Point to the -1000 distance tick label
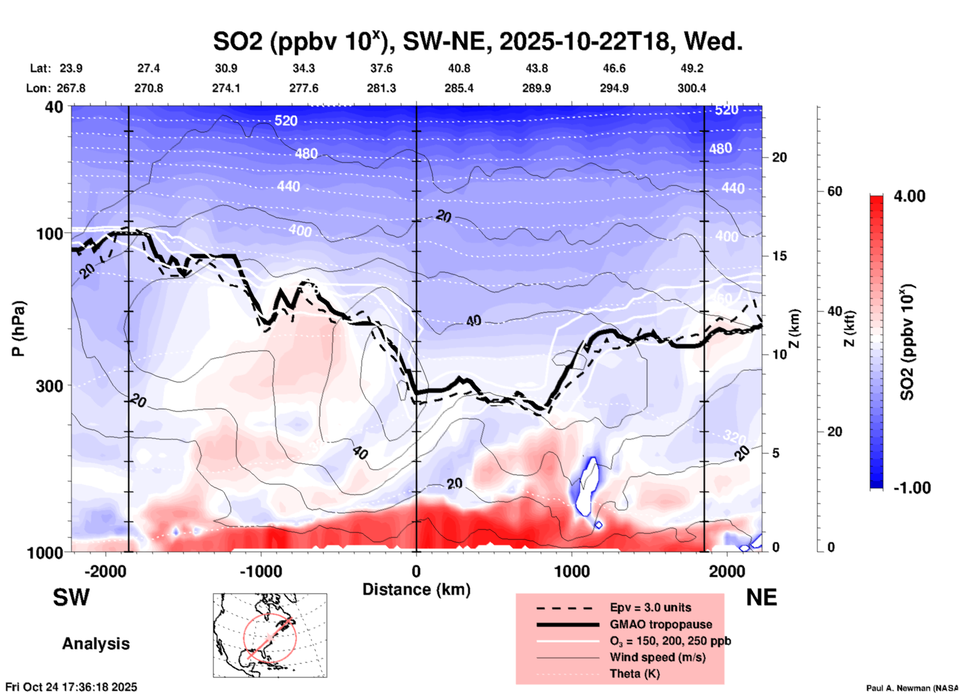tap(260, 571)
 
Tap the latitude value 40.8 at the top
tap(459, 68)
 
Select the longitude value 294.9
tap(613, 88)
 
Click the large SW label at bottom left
tap(71, 597)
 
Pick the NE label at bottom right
tap(761, 597)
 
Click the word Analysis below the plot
tap(96, 643)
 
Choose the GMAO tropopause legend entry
tap(661, 624)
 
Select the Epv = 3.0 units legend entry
tap(650, 607)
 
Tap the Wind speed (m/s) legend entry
tap(657, 657)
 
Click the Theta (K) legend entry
tap(634, 674)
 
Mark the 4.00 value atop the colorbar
tap(909, 196)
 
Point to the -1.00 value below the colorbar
tap(912, 487)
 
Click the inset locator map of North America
tap(270, 635)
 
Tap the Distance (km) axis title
tap(416, 589)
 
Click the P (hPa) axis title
tap(18, 328)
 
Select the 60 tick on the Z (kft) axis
tap(835, 191)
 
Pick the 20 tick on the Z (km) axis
tap(779, 157)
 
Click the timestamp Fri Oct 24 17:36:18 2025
tap(71, 687)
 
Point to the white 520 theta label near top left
tap(286, 120)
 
